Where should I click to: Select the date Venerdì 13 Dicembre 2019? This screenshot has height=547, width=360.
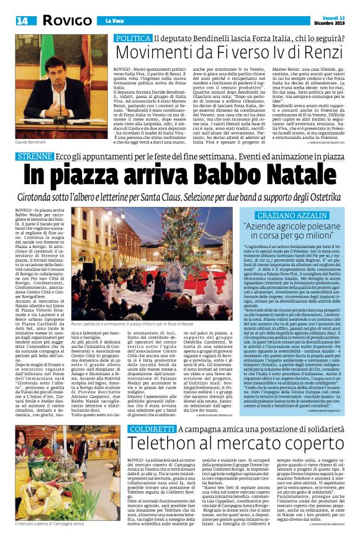[x=335, y=19]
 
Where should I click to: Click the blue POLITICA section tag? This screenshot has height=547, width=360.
[x=133, y=39]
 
